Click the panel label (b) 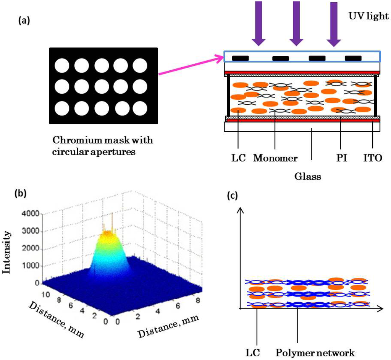pyautogui.click(x=20, y=193)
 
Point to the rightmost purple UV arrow pyautogui.click(x=334, y=23)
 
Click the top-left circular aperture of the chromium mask pyautogui.click(x=61, y=66)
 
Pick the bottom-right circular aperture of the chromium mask pyautogui.click(x=140, y=108)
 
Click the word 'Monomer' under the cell pyautogui.click(x=275, y=158)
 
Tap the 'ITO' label pyautogui.click(x=373, y=158)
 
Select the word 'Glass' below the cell pyautogui.click(x=307, y=176)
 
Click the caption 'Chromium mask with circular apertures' pyautogui.click(x=102, y=146)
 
